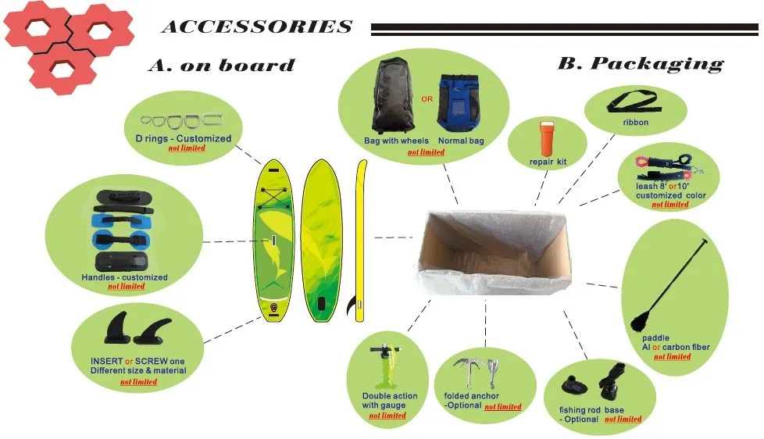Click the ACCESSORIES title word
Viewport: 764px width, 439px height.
256,27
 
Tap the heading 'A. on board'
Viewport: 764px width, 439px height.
221,66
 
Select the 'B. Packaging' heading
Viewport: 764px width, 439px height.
640,64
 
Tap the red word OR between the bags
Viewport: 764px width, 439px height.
427,99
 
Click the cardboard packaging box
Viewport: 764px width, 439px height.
494,249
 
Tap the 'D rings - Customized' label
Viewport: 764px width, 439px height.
183,138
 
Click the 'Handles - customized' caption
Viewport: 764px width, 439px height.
124,277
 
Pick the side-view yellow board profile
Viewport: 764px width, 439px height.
360,241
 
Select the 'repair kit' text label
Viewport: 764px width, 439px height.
548,162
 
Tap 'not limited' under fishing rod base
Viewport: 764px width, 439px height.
623,419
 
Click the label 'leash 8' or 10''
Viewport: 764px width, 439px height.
662,187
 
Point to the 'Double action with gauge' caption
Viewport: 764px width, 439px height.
389,401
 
